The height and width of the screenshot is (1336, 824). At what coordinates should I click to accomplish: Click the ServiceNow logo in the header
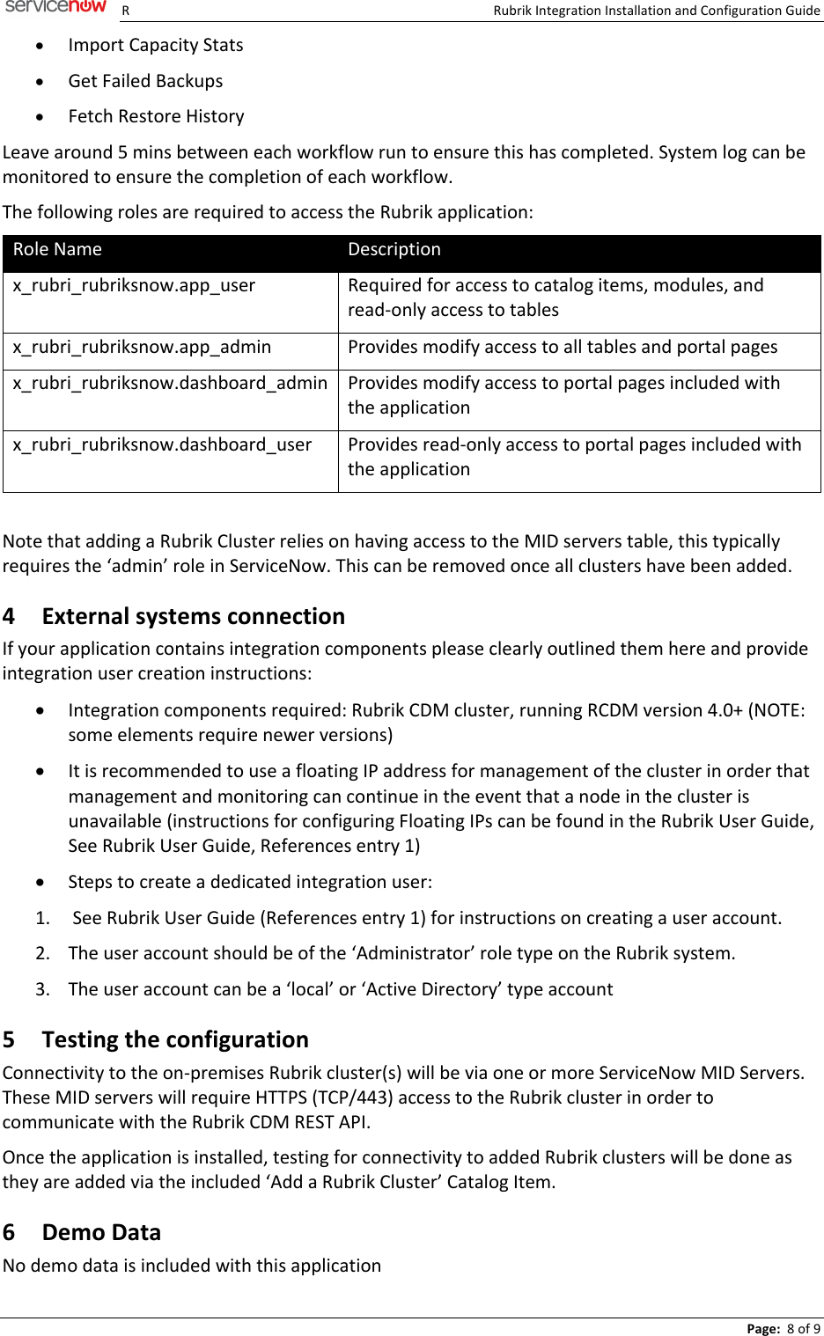click(x=55, y=7)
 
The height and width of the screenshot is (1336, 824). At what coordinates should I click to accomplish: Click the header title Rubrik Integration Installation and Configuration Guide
click(x=656, y=11)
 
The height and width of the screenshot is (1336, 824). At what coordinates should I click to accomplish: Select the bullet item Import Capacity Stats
click(x=156, y=45)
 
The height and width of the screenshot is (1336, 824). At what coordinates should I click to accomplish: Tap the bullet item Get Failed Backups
click(x=145, y=81)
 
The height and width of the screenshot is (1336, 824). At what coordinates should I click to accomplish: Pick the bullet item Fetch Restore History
click(x=156, y=116)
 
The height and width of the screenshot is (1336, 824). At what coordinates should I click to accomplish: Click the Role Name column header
click(x=57, y=250)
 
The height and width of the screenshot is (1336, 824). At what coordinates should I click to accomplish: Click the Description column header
click(x=394, y=250)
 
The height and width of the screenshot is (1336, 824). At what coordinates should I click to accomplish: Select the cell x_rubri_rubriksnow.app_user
click(x=134, y=285)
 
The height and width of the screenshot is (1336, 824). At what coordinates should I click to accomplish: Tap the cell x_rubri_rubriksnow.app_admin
click(x=142, y=347)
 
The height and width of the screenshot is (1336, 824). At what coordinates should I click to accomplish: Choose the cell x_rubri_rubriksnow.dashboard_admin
click(x=170, y=383)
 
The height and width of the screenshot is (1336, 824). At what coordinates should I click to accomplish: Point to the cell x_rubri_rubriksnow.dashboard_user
click(x=162, y=444)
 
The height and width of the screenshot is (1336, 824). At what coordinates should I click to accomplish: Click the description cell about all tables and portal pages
click(x=563, y=347)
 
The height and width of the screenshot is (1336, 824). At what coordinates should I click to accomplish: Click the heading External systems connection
click(x=193, y=616)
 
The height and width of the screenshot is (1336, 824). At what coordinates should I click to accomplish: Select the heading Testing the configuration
click(x=175, y=1039)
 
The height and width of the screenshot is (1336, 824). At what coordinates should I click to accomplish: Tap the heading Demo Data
click(x=101, y=1232)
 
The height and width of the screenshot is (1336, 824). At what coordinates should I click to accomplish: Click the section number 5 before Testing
click(x=9, y=1039)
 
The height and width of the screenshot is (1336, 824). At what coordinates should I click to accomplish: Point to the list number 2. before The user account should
click(x=42, y=953)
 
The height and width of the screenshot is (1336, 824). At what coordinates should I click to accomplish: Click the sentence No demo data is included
click(x=192, y=1266)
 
